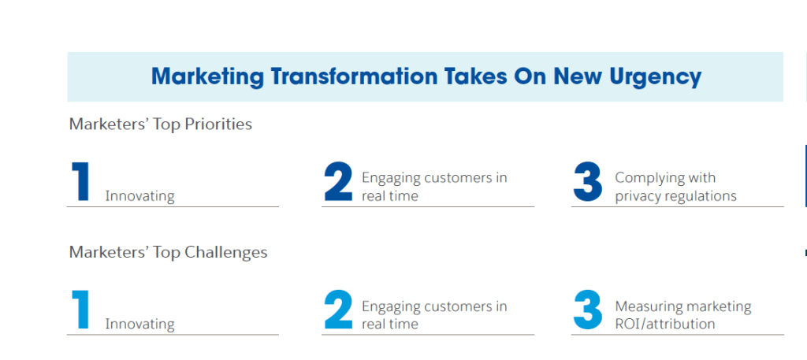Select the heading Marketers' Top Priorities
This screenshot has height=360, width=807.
pos(161,124)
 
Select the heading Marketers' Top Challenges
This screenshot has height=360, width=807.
pos(169,253)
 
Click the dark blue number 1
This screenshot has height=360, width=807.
pos(81,181)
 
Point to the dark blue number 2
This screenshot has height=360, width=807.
pos(339,181)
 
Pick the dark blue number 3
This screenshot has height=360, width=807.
pos(588,181)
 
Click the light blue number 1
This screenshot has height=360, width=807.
pos(81,310)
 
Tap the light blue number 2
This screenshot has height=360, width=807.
pos(339,310)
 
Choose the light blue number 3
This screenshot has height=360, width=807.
pos(588,310)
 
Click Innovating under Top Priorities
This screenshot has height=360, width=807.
pos(140,196)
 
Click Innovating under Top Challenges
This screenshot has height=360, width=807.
pos(140,325)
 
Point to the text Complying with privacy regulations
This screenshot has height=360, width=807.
pos(675,187)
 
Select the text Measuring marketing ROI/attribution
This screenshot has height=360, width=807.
pos(683,315)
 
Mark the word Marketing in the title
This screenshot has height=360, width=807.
pos(208,77)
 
